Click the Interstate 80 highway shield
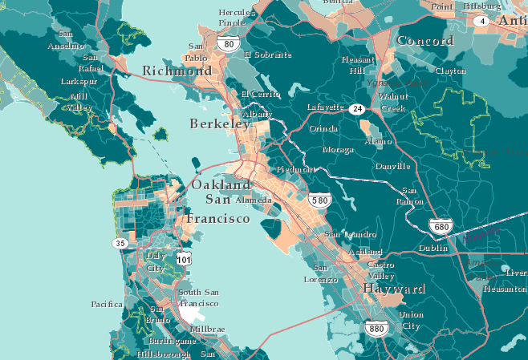click(229, 44)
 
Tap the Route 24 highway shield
click(356, 108)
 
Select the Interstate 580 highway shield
click(319, 200)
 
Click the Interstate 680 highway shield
click(440, 227)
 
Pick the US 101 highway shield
click(183, 260)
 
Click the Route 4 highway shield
click(481, 21)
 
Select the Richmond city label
click(177, 71)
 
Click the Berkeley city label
click(220, 123)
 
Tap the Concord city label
click(425, 41)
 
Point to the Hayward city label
click(394, 288)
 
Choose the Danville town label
click(392, 166)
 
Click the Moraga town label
click(336, 149)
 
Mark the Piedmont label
click(295, 170)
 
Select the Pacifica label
click(107, 304)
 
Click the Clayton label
click(449, 71)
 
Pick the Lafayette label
click(326, 107)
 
